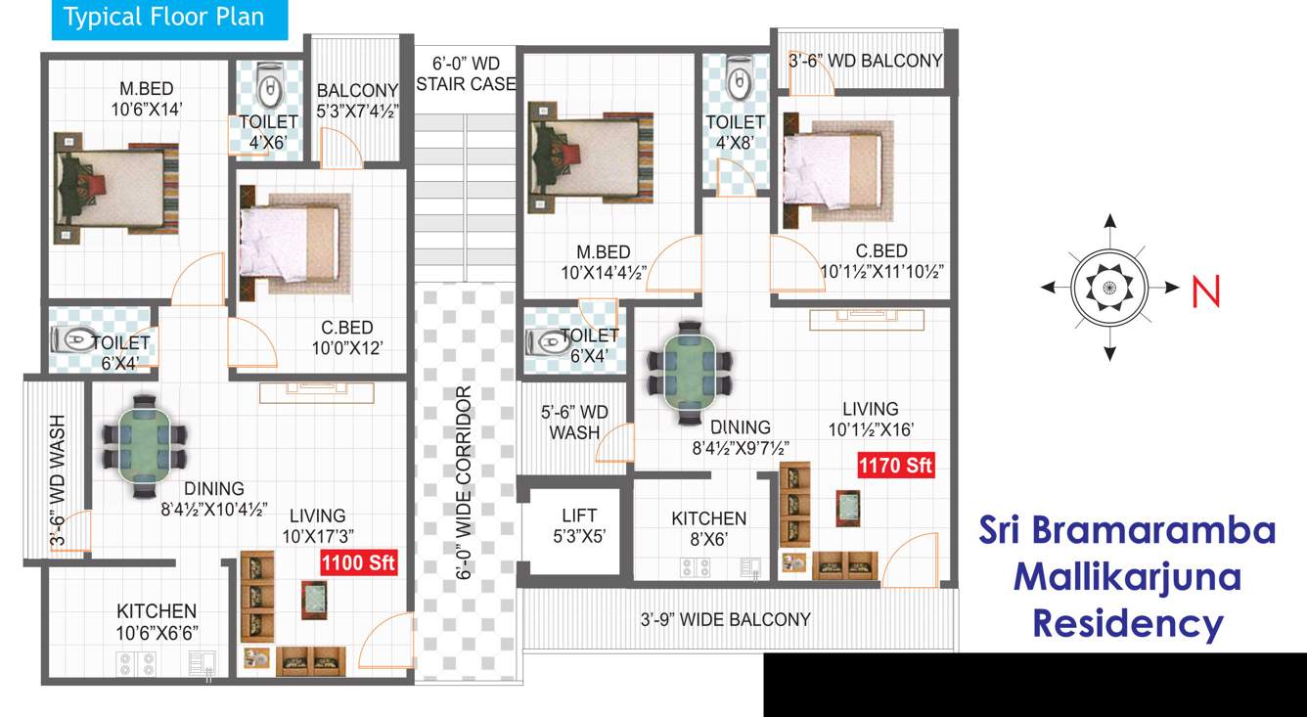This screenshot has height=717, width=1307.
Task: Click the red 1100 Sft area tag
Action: tap(358, 562)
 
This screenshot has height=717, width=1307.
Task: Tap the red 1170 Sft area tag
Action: tap(896, 466)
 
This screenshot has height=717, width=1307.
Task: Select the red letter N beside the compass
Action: tap(1206, 291)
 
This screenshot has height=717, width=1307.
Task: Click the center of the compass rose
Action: tap(1108, 288)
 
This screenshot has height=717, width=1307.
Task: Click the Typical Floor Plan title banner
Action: tap(164, 18)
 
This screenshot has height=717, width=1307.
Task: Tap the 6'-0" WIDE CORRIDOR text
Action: tap(465, 484)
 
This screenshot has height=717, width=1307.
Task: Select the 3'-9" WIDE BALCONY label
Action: tap(725, 619)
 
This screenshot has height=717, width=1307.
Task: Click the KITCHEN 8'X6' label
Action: tap(709, 528)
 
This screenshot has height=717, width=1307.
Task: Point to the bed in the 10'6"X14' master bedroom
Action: tap(116, 186)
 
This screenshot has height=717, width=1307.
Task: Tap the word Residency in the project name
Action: tap(1128, 622)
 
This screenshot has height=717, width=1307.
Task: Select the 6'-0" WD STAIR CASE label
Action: tap(465, 74)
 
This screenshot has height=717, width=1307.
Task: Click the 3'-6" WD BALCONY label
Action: tap(865, 61)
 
